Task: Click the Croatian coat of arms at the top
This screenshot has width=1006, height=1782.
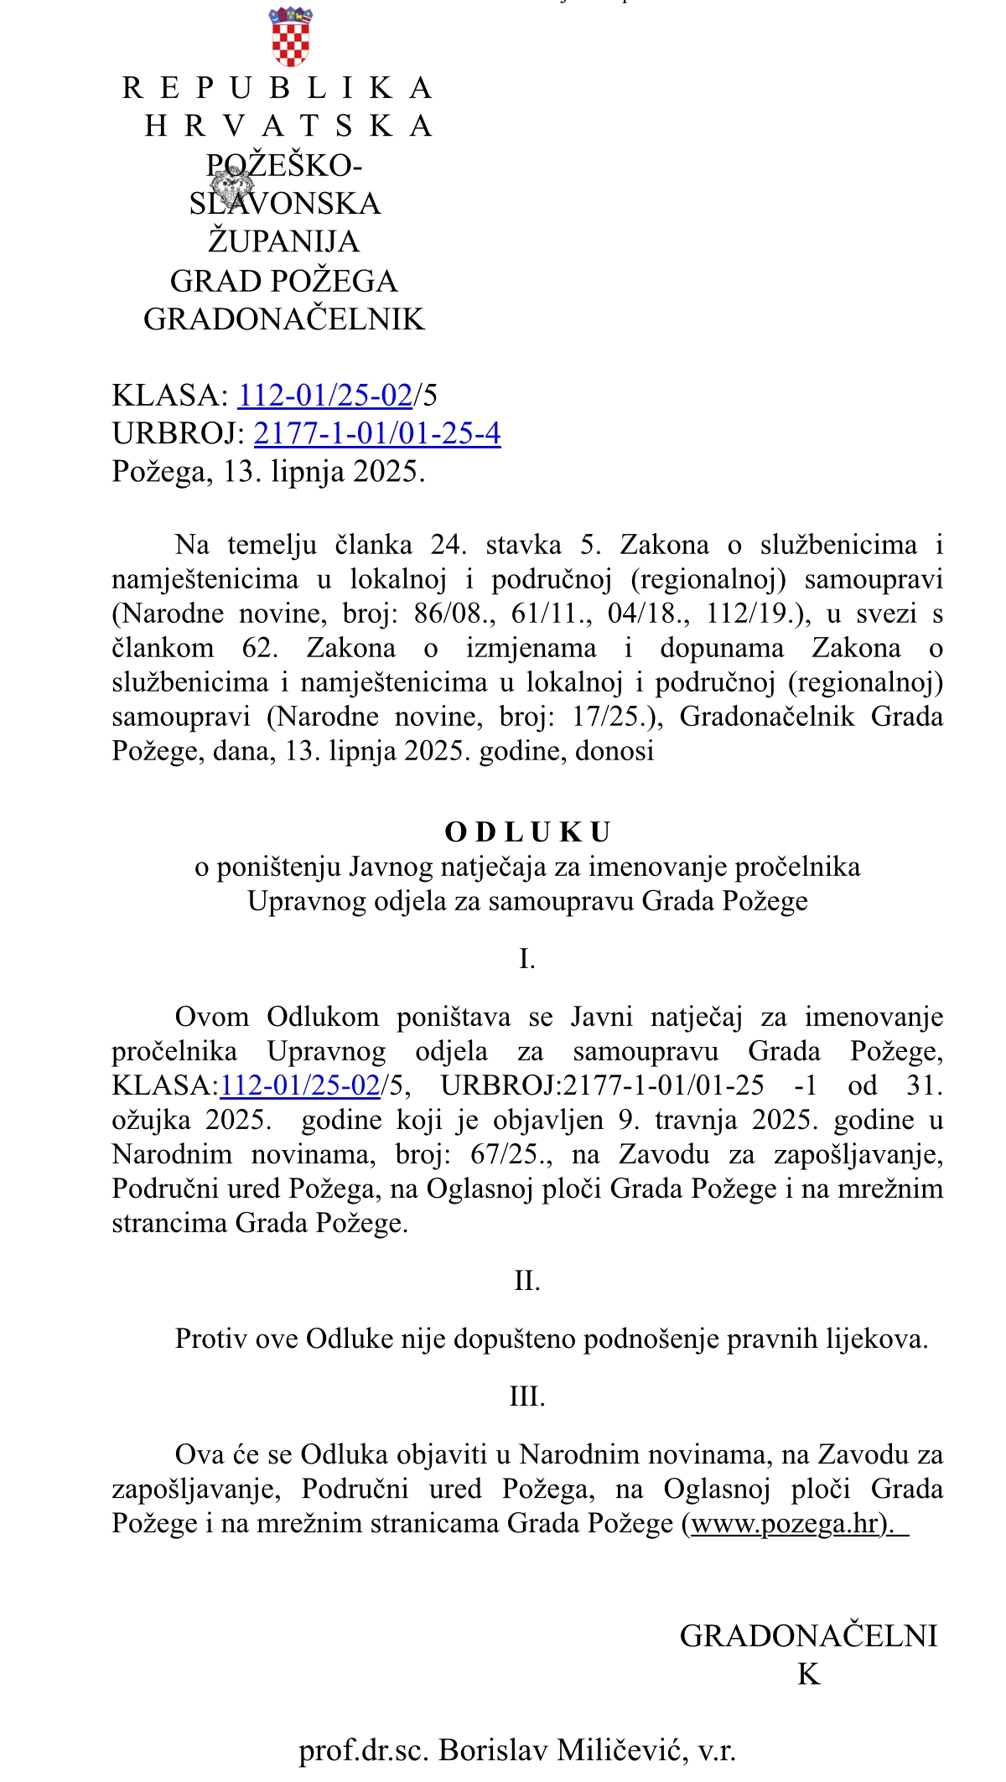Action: (290, 37)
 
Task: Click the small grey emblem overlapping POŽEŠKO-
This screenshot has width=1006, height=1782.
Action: (231, 184)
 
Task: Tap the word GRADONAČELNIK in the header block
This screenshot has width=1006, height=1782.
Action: (284, 319)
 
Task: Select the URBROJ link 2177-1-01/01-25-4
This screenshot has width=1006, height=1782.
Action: (377, 433)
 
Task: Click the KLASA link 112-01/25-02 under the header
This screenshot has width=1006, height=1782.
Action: (325, 395)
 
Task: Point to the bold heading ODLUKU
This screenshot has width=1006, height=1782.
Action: (527, 832)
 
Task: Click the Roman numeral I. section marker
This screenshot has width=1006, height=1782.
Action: (526, 958)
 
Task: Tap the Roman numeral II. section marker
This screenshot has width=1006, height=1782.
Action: (526, 1281)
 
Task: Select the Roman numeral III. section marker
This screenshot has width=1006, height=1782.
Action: (526, 1396)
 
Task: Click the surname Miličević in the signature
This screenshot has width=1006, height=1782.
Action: (623, 1750)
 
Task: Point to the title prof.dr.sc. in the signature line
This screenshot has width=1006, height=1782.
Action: (364, 1750)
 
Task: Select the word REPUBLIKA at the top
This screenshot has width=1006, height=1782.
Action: (277, 88)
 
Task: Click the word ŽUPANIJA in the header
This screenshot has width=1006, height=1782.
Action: (283, 242)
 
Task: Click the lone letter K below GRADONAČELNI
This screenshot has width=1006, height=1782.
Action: (808, 1674)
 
